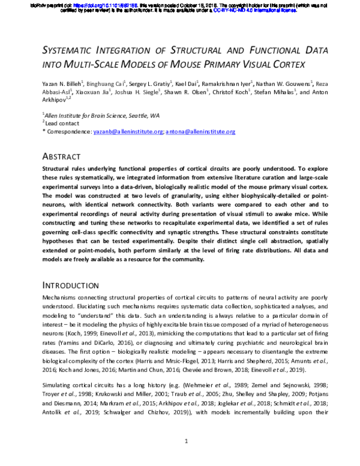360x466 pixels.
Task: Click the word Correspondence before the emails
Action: click(69, 131)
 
